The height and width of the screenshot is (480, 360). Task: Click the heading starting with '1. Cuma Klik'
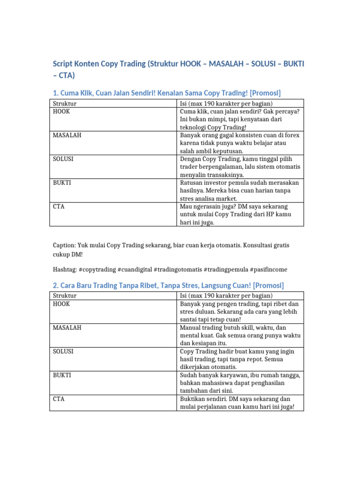(166, 92)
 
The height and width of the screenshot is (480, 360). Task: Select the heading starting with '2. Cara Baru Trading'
(168, 285)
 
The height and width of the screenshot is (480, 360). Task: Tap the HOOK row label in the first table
(62, 112)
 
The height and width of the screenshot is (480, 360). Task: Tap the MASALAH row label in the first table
(67, 135)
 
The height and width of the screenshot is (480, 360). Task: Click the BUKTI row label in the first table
(62, 182)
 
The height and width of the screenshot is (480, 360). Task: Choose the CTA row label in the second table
(59, 398)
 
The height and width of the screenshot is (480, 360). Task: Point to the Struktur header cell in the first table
(65, 103)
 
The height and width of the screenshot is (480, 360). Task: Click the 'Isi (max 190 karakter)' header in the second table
(226, 296)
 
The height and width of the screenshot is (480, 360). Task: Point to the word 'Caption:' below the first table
(64, 245)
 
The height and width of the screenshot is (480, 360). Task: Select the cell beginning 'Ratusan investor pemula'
(239, 190)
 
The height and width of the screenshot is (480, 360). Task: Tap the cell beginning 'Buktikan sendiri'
(237, 403)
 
